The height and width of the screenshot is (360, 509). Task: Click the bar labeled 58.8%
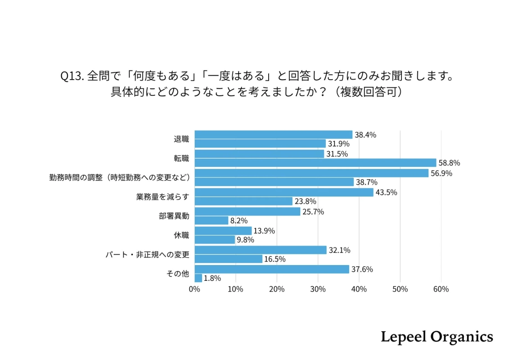[315, 163]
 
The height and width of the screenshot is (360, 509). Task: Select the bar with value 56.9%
[311, 173]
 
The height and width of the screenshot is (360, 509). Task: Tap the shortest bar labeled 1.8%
[198, 278]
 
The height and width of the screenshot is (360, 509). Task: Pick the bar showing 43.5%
[284, 192]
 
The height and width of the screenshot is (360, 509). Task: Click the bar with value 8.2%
[211, 220]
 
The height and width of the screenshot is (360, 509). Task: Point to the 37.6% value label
[362, 269]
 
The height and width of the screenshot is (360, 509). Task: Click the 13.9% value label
[264, 231]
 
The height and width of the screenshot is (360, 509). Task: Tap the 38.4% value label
[365, 135]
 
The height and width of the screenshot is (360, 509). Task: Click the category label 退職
[181, 139]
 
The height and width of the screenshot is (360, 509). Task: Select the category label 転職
[181, 158]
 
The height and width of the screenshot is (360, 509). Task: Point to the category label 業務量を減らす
[162, 197]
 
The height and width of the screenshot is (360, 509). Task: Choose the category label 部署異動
[174, 216]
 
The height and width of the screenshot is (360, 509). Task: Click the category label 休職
[181, 235]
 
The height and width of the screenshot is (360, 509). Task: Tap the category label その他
[178, 274]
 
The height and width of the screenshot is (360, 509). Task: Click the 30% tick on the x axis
[318, 289]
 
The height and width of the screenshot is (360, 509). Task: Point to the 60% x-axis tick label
[441, 289]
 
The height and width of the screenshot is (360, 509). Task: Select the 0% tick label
[194, 289]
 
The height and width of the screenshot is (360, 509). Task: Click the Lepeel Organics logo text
[437, 337]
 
